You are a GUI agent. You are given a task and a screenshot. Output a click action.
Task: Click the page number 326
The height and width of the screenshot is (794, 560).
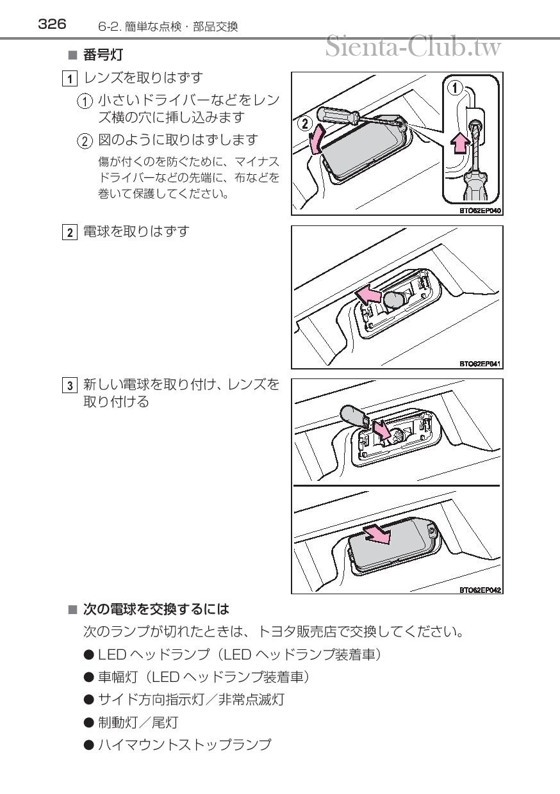[52, 24]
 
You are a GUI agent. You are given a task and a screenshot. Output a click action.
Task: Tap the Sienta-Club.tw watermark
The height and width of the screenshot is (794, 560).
[413, 47]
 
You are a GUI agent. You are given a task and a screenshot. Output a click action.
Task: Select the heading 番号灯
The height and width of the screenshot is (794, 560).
[103, 55]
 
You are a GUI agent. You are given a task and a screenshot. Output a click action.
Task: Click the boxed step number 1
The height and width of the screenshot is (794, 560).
[70, 78]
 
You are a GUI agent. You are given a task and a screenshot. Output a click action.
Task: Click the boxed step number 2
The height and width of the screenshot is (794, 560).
[70, 232]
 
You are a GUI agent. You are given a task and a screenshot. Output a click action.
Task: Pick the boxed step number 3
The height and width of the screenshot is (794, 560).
[70, 385]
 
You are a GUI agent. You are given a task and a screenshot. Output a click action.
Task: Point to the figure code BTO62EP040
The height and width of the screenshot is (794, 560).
[480, 211]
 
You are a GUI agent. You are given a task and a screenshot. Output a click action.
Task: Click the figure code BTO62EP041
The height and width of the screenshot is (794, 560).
[480, 364]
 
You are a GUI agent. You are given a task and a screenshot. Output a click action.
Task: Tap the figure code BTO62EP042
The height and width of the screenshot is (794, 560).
[480, 590]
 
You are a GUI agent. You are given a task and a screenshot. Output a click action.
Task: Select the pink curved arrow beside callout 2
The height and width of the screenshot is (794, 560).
[316, 139]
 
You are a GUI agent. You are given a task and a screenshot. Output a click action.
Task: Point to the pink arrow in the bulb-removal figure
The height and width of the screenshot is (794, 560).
[368, 294]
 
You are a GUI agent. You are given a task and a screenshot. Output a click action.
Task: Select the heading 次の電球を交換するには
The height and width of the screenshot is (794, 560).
[156, 610]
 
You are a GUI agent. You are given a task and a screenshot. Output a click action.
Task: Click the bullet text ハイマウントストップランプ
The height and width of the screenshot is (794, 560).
[185, 744]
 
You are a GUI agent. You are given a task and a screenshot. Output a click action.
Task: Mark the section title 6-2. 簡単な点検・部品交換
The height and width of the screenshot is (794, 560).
[168, 27]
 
